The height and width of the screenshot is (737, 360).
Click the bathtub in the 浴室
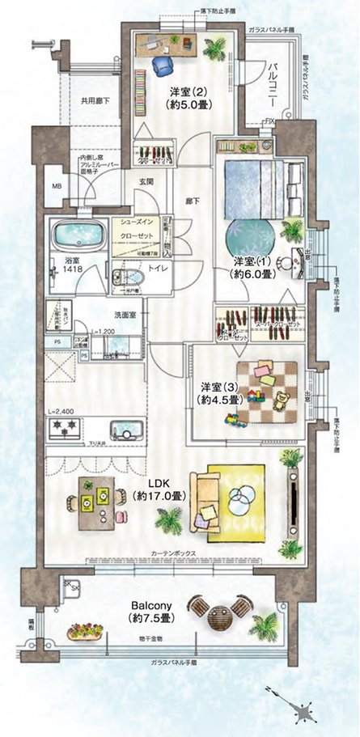click(78, 236)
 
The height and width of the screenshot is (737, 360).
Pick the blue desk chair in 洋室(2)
click(165, 64)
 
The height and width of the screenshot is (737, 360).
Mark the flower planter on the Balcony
click(85, 630)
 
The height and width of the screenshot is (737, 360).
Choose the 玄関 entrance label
click(146, 182)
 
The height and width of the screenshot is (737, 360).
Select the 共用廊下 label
click(95, 102)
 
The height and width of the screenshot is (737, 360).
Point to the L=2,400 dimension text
click(61, 411)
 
